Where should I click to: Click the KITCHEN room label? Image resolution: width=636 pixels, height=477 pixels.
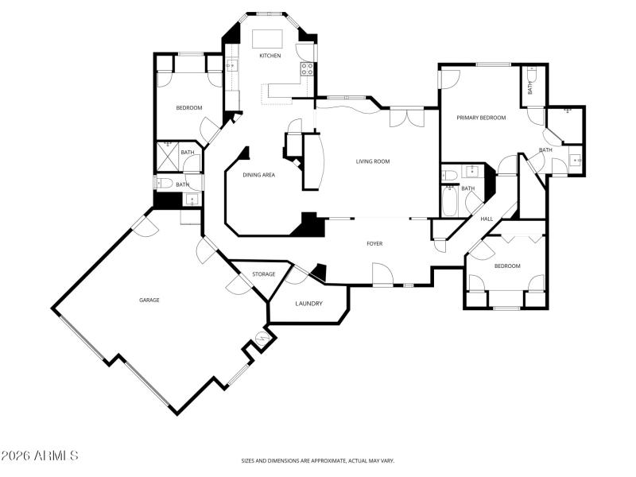[270, 56]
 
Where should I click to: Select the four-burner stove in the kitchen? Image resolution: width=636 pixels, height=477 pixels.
[306, 71]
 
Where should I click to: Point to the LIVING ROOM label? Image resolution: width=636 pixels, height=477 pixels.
[372, 161]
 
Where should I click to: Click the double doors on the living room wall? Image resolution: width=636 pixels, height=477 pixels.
[406, 118]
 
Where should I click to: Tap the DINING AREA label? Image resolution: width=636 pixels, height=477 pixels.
[258, 175]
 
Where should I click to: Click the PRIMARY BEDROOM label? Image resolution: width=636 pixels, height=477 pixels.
[481, 118]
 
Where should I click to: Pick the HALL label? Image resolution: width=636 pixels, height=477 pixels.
[487, 219]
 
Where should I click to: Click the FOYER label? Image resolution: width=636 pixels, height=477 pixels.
[374, 243]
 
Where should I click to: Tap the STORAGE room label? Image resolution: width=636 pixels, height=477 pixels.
[264, 274]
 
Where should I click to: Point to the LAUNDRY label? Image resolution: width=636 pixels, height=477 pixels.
[308, 304]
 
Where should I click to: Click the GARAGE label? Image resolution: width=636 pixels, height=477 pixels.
[149, 300]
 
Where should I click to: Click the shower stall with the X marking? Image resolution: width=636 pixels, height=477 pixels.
[168, 155]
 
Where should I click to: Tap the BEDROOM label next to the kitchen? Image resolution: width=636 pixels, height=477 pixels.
[188, 108]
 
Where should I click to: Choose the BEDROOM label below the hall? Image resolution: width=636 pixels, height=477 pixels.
[507, 266]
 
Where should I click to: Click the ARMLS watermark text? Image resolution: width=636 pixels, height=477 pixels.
[40, 456]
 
